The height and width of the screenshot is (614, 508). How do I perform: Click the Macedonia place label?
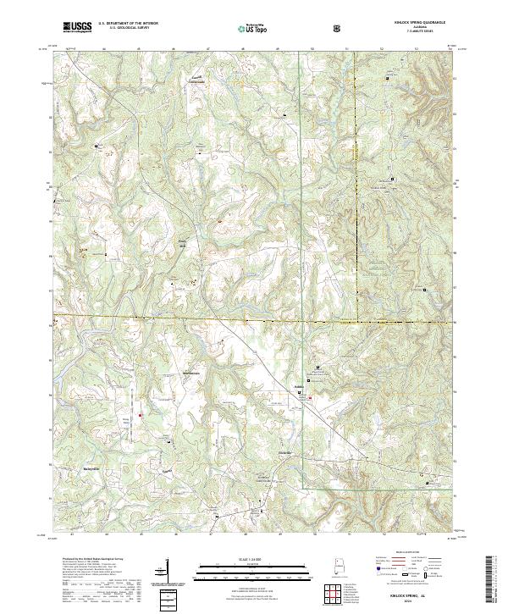[193, 373]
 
